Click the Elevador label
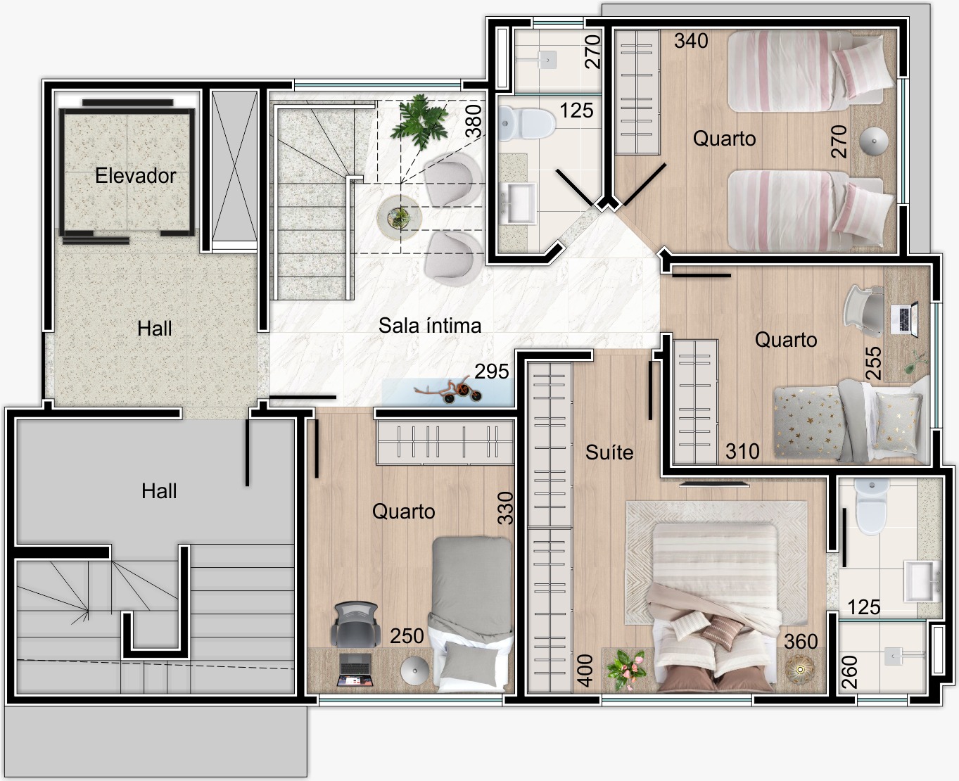(x=135, y=176)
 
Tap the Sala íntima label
(x=429, y=325)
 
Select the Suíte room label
(x=609, y=452)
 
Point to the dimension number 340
(x=691, y=41)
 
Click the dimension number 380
(x=474, y=120)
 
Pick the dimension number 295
(x=492, y=372)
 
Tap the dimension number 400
(x=585, y=671)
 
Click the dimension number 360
(x=801, y=642)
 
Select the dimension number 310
(x=742, y=451)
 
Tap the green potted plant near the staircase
(x=419, y=121)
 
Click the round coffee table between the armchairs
(x=400, y=217)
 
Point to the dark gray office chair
(x=355, y=624)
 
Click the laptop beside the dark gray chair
(x=355, y=669)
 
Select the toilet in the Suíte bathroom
(x=872, y=506)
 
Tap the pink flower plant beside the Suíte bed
(x=626, y=669)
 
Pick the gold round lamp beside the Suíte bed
(x=800, y=669)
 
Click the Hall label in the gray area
(x=159, y=490)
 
